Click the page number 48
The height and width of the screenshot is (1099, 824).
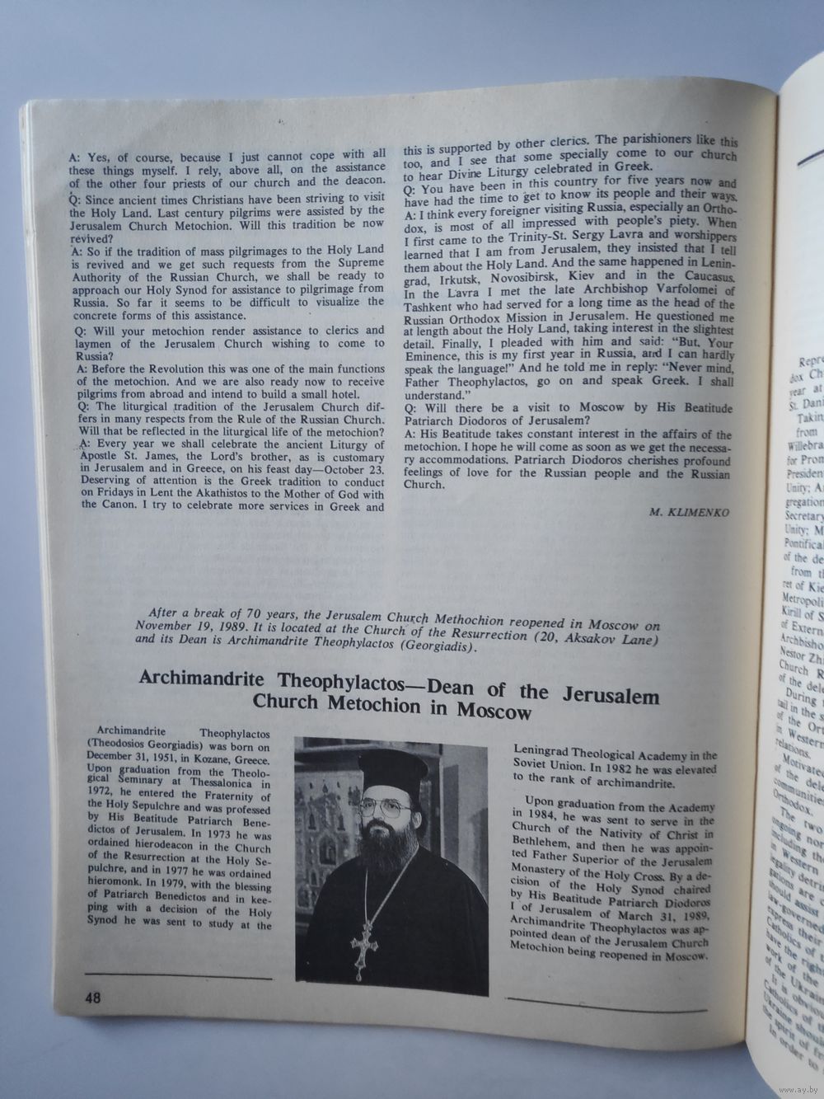91,997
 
